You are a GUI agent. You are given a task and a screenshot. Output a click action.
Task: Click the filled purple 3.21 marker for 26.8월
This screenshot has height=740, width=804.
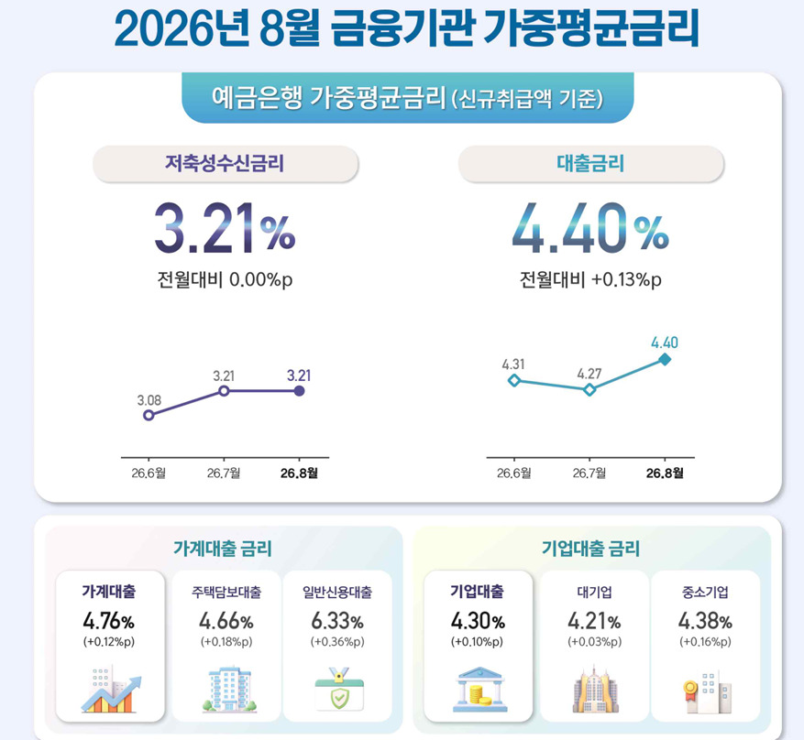300,391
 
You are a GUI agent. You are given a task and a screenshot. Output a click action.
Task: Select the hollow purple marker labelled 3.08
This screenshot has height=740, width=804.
149,415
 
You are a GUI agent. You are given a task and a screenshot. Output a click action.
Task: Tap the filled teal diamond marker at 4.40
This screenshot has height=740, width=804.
665,360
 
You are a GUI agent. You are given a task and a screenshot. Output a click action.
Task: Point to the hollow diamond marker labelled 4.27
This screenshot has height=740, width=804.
589,390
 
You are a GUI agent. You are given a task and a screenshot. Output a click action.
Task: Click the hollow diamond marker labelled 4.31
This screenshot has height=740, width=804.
513,380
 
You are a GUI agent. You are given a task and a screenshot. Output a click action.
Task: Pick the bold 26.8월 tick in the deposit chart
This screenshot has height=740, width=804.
299,473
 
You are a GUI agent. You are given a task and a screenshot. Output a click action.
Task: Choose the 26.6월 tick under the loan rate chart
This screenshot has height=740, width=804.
513,473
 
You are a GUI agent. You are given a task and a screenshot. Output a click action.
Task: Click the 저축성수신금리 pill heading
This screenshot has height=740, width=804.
226,164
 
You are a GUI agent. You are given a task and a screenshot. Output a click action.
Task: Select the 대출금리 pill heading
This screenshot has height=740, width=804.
590,164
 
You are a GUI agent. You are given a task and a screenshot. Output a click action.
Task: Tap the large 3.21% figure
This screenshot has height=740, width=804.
225,229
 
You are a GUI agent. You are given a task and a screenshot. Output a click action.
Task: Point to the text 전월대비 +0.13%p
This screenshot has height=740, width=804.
590,280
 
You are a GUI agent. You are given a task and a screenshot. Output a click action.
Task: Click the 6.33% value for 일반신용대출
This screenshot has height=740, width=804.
337,622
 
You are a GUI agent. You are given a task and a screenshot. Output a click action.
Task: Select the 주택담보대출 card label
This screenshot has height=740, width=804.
226,593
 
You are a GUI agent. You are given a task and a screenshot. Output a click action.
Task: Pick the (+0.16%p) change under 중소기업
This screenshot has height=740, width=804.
705,642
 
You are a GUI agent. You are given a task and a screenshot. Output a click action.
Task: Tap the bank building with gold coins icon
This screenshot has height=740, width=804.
479,690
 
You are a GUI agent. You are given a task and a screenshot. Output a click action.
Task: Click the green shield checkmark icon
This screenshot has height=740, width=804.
339,689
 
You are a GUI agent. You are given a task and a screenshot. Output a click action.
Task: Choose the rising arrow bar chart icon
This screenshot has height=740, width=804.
111,690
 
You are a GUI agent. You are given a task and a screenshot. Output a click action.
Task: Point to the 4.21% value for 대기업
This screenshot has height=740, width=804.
594,622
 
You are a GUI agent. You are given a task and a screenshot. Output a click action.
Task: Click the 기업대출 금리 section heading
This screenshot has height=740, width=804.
590,549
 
